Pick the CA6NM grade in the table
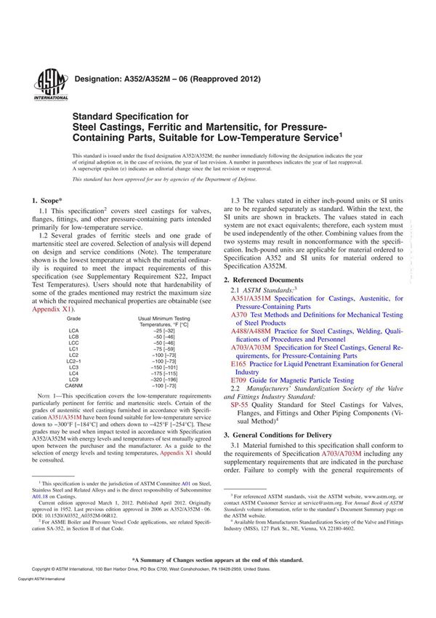(x=76, y=385)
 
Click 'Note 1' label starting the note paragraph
(x=46, y=396)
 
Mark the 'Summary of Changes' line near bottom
(x=217, y=560)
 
